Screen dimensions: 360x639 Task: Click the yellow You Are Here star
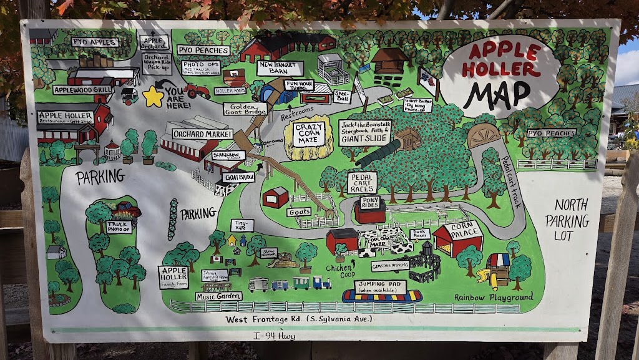(152, 96)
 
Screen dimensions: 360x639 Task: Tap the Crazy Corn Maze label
(309, 134)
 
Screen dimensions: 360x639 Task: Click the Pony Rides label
(370, 202)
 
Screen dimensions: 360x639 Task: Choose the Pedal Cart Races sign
(362, 183)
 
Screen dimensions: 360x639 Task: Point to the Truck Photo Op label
(118, 226)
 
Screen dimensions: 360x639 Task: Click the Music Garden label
(218, 296)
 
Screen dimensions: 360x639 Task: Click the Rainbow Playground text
(494, 298)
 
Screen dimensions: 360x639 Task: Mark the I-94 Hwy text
(275, 336)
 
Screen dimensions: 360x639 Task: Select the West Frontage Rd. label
(299, 319)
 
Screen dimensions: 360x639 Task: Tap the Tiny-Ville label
(241, 225)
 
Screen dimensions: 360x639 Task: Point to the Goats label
(299, 212)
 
